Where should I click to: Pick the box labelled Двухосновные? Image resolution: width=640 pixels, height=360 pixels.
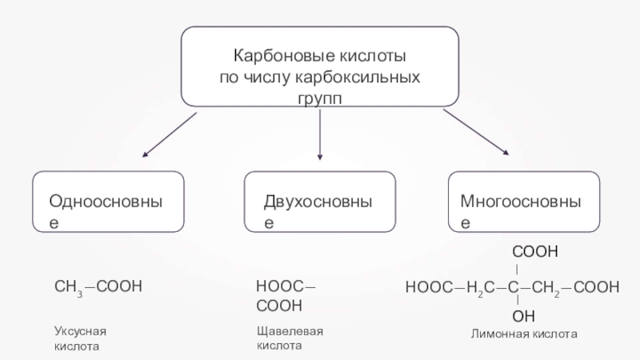pyautogui.click(x=319, y=201)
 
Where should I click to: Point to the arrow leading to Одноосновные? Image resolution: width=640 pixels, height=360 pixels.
pyautogui.click(x=169, y=134)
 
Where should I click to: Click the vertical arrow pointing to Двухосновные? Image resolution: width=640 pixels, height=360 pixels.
pyautogui.click(x=320, y=134)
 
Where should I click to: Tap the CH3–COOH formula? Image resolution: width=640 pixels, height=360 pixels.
pyautogui.click(x=98, y=286)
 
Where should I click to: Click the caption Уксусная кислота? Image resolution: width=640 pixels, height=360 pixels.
pyautogui.click(x=80, y=338)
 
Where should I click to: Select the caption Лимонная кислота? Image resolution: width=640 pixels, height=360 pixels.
pyautogui.click(x=523, y=332)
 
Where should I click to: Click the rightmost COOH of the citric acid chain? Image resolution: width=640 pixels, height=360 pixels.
pyautogui.click(x=596, y=286)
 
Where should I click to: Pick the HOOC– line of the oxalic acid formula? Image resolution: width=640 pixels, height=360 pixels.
pyautogui.click(x=286, y=286)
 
